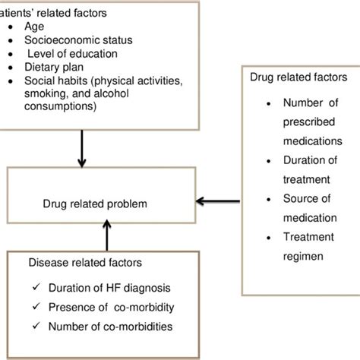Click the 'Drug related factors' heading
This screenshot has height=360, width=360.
298,77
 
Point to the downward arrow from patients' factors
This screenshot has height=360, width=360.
82,152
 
